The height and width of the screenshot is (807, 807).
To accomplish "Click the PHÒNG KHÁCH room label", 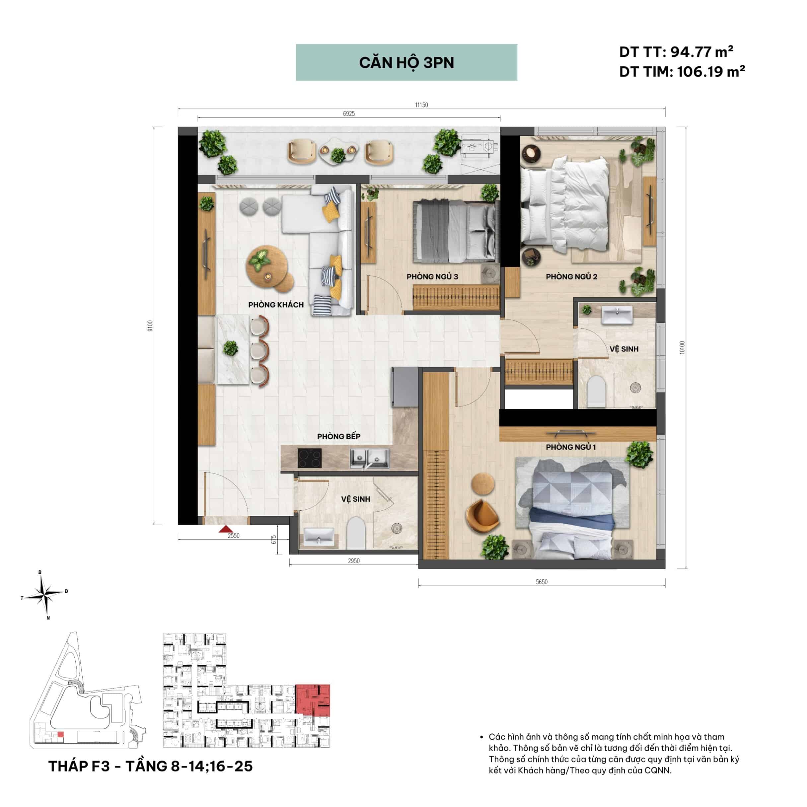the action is tap(276, 305).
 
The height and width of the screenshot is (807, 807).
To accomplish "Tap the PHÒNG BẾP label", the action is tap(338, 436).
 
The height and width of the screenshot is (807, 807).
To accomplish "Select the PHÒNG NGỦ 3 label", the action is tap(432, 276).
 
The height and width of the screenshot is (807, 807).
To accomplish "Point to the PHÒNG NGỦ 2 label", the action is tap(571, 276).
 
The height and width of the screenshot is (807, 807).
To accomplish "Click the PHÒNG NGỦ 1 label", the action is tap(571, 447).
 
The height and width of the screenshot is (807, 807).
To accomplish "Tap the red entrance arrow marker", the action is tap(226, 529).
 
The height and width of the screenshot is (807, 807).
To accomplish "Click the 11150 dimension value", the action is tap(421, 105).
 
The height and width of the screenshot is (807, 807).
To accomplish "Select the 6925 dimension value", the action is tap(349, 113).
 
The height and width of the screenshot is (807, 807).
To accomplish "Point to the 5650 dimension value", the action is tap(542, 582).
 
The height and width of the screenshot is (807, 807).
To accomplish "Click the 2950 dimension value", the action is tap(354, 561).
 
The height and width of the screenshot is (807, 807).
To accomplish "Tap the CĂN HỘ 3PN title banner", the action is tap(406, 62).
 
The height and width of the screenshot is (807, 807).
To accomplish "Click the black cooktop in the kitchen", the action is tap(310, 458).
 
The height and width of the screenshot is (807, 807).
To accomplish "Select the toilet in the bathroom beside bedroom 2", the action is tap(596, 391).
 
